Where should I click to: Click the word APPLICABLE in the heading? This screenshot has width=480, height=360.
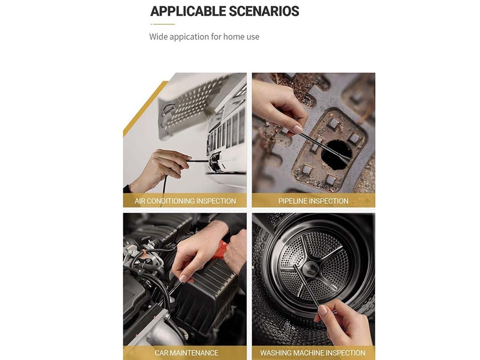click(x=188, y=11)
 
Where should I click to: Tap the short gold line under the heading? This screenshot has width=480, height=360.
click(x=163, y=24)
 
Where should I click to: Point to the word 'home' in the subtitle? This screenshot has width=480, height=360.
click(x=234, y=36)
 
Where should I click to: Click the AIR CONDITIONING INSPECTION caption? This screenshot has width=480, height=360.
click(x=185, y=201)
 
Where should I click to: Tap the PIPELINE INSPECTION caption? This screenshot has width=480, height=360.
click(x=313, y=201)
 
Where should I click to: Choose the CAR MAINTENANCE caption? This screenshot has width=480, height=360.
click(x=186, y=352)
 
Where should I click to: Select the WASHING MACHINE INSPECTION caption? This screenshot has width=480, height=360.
click(x=312, y=352)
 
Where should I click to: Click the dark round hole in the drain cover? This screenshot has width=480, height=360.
click(x=336, y=154)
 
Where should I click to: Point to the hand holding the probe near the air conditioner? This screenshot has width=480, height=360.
click(x=161, y=169)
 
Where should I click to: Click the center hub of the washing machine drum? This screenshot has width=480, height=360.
click(x=310, y=269)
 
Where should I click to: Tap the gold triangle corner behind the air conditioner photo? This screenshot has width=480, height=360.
click(x=144, y=109)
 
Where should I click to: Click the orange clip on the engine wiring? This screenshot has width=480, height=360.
click(x=144, y=254)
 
